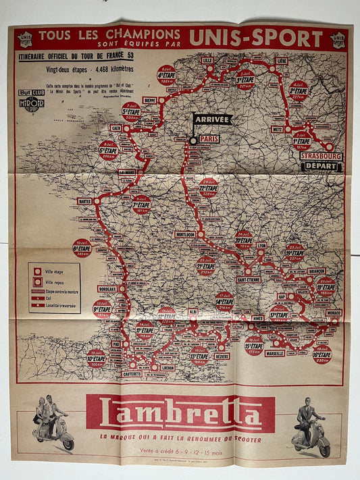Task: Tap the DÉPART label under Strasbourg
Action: pyautogui.click(x=322, y=166)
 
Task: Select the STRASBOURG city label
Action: pyautogui.click(x=321, y=156)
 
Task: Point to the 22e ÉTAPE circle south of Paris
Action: pyautogui.click(x=209, y=186)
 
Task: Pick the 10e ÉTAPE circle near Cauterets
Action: pyautogui.click(x=96, y=357)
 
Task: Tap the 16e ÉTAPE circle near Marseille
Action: pyautogui.click(x=322, y=354)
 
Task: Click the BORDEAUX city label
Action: pyautogui.click(x=107, y=289)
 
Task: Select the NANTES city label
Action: pyautogui.click(x=84, y=201)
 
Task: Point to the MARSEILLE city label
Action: pyautogui.click(x=275, y=352)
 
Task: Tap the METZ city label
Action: pyautogui.click(x=277, y=128)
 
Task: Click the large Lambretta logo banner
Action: pyautogui.click(x=180, y=414)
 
